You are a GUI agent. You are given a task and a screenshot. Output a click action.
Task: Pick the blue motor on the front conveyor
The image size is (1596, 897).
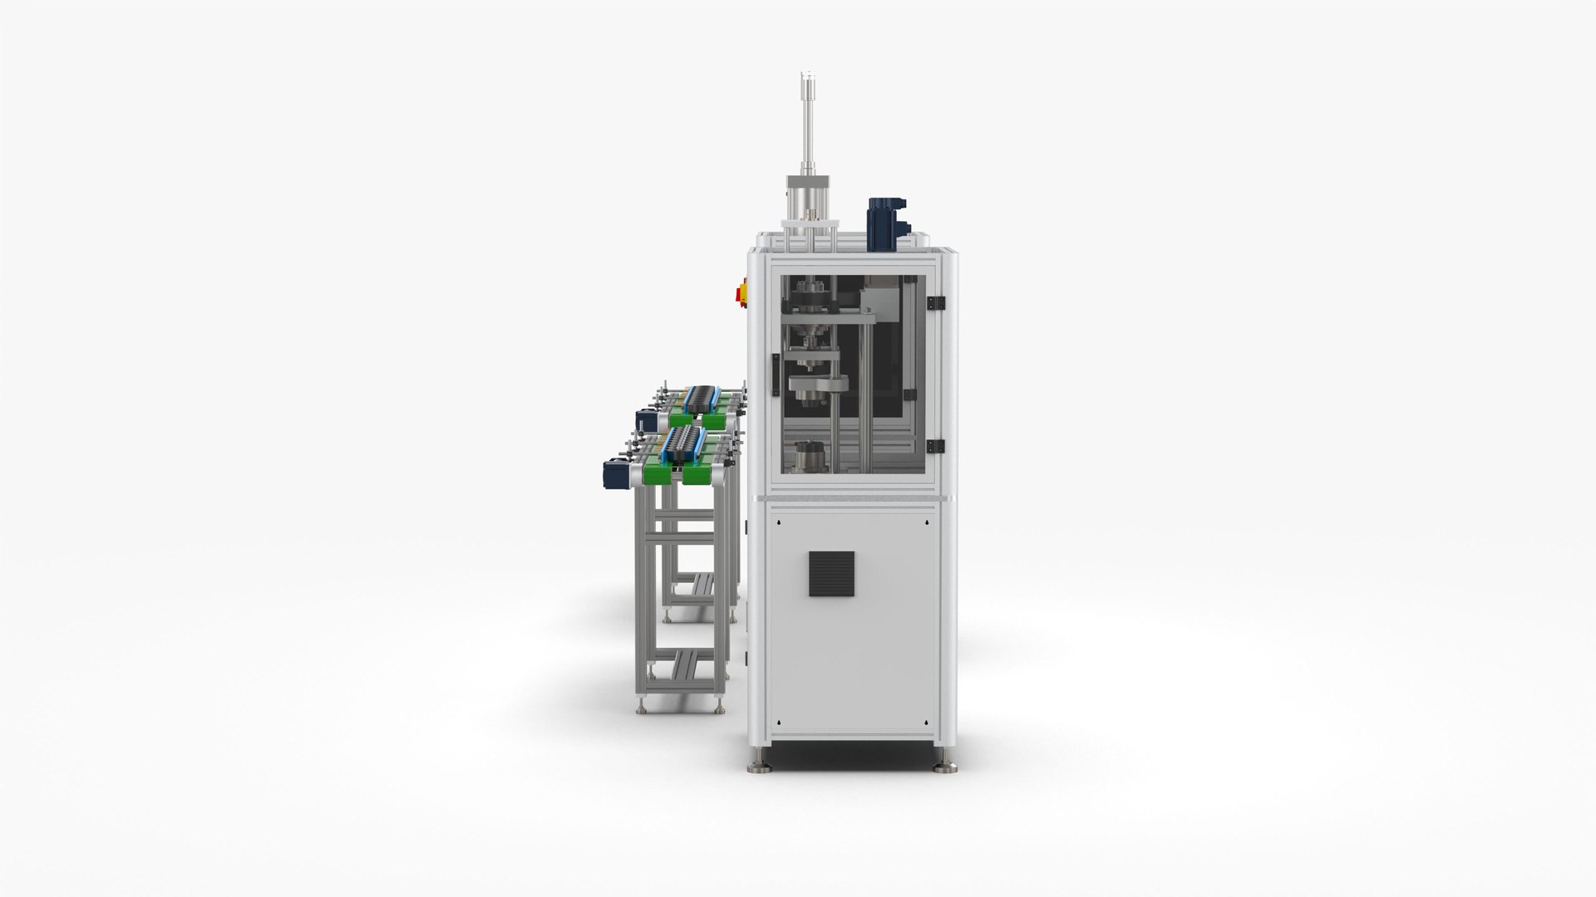click(x=613, y=475)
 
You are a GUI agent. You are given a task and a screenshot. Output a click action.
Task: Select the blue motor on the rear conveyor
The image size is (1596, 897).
click(x=645, y=419)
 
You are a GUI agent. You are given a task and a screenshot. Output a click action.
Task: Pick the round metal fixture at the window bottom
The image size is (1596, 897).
click(x=810, y=458)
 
